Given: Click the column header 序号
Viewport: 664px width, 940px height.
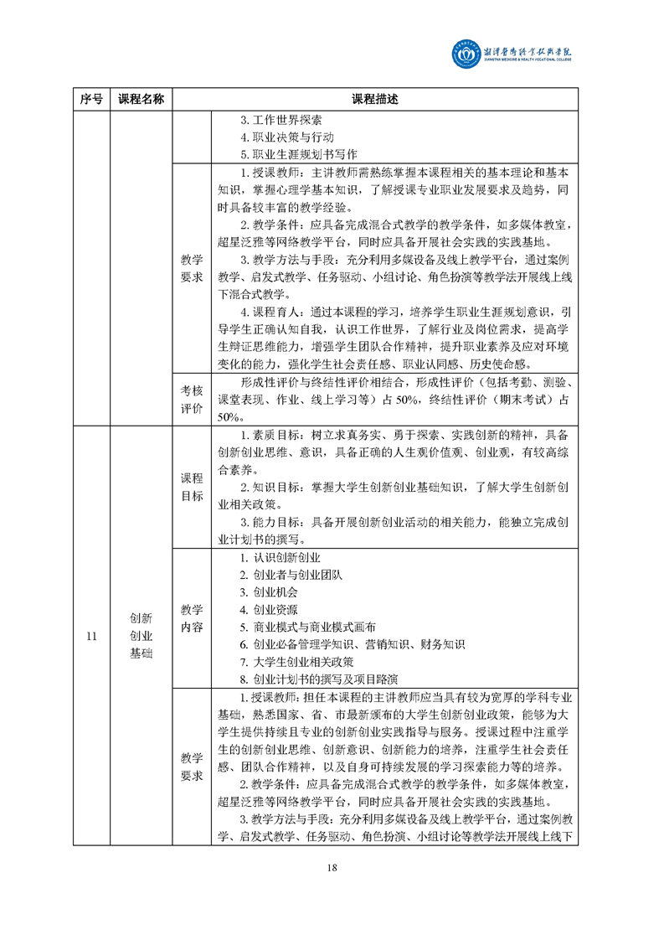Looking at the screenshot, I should (x=92, y=99).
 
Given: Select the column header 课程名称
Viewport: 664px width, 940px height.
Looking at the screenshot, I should (x=141, y=99).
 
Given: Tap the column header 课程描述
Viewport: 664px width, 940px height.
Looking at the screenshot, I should (x=374, y=99).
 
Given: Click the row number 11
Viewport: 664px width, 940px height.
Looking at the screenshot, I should (x=92, y=636).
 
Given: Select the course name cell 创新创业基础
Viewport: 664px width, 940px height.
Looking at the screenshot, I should (x=141, y=636).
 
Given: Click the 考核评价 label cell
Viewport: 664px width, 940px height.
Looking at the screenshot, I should (x=191, y=399).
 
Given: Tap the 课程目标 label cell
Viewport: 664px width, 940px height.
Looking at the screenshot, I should (x=191, y=487).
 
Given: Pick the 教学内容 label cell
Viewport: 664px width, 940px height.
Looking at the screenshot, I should (x=191, y=618).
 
